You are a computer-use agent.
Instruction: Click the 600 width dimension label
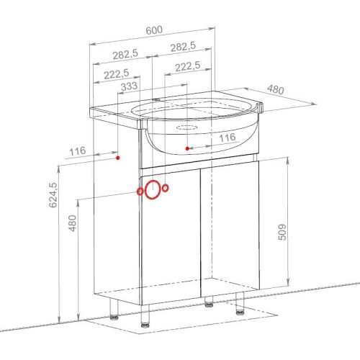pyautogui.click(x=154, y=30)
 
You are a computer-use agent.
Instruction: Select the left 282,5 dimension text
pyautogui.click(x=125, y=54)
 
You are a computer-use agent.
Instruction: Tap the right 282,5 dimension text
pyautogui.click(x=183, y=47)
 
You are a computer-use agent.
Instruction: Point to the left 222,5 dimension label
pyautogui.click(x=117, y=74)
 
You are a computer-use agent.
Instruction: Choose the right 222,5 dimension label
pyautogui.click(x=188, y=66)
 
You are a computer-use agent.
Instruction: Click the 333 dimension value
pyautogui.click(x=129, y=86)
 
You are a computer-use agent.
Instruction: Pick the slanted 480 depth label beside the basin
pyautogui.click(x=276, y=89)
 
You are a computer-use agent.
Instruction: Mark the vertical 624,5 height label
pyautogui.click(x=53, y=195)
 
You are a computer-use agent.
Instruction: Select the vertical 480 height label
pyautogui.click(x=73, y=223)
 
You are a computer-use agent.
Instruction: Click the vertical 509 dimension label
pyautogui.click(x=282, y=232)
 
